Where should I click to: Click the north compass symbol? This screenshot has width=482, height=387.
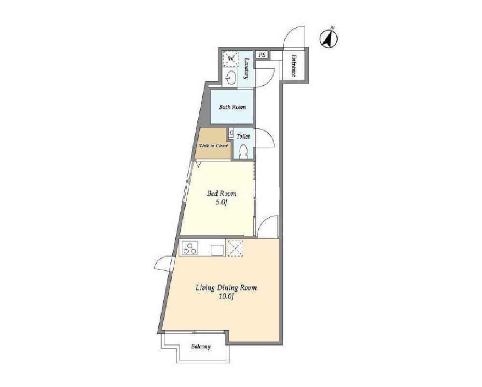[x=329, y=39]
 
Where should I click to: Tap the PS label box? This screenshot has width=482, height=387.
[x=262, y=55]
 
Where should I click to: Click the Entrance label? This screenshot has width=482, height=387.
[x=293, y=66]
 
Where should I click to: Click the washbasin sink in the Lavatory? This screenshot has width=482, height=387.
[x=231, y=77]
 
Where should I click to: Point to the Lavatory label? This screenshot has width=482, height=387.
[x=246, y=69]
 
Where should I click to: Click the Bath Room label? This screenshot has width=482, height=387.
[x=232, y=107]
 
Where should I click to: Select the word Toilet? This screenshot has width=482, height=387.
[x=243, y=136]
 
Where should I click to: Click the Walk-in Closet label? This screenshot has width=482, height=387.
[x=214, y=145]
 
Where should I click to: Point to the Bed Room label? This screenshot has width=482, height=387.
[x=221, y=194]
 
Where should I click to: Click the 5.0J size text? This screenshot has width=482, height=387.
[x=221, y=202]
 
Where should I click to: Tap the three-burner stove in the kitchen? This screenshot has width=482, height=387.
[x=190, y=248]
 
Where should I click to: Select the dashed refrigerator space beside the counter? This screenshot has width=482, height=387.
[x=235, y=248]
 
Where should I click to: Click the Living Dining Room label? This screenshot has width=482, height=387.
[x=226, y=288]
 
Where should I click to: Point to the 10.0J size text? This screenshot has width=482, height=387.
[x=227, y=297]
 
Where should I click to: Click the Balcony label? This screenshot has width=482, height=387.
[x=201, y=347]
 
